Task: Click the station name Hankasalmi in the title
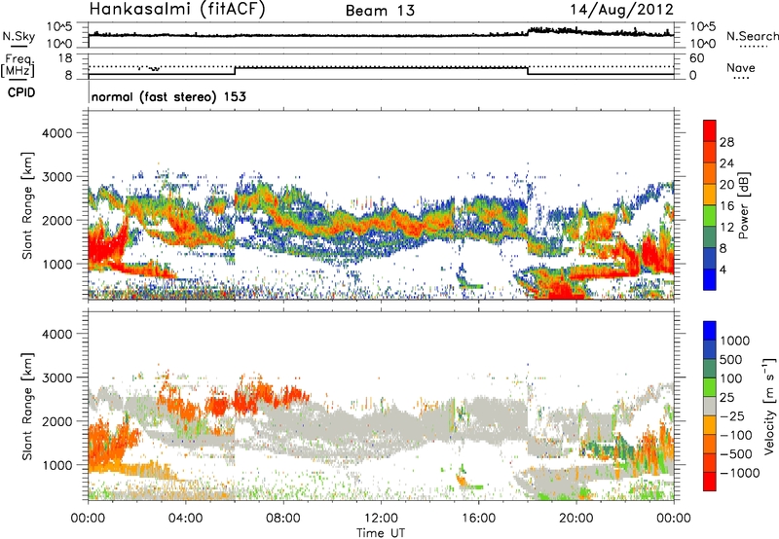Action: (135, 12)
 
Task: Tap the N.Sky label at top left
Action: (17, 35)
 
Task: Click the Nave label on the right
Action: (742, 68)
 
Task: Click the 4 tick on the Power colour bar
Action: (725, 269)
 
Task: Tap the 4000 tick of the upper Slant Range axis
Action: (60, 132)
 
